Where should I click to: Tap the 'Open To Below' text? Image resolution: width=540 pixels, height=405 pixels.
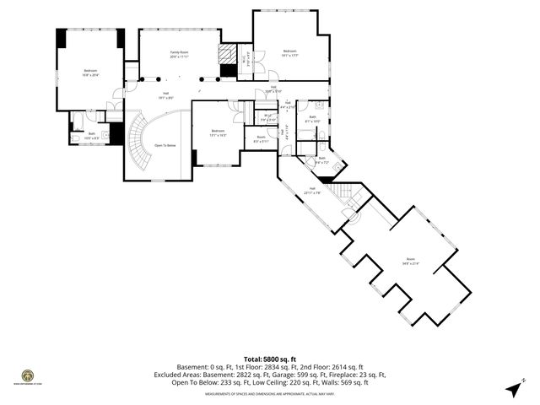pyautogui.click(x=165, y=145)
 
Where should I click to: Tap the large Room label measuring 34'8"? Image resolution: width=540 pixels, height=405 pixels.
pyautogui.click(x=411, y=261)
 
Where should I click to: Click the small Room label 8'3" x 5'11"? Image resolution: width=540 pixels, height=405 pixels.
pyautogui.click(x=261, y=139)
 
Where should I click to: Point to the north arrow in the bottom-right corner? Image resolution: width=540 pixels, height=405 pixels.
pyautogui.click(x=513, y=389)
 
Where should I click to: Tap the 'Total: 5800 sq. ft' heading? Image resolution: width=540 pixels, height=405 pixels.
pyautogui.click(x=269, y=359)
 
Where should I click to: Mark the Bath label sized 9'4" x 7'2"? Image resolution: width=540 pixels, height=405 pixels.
pyautogui.click(x=321, y=159)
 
